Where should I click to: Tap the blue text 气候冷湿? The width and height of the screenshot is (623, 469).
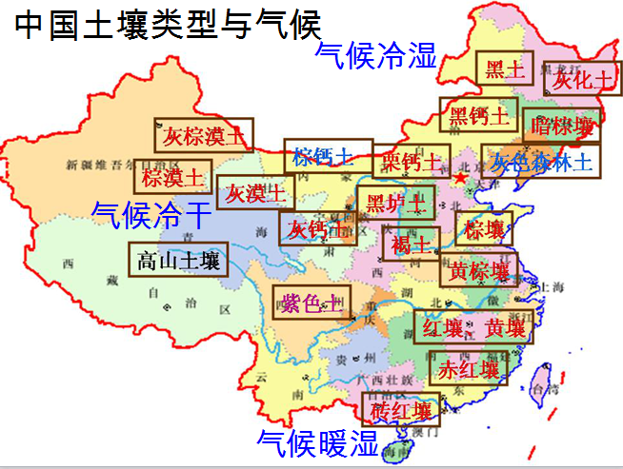pyautogui.click(x=376, y=55)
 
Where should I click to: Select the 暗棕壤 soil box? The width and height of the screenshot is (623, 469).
pyautogui.click(x=563, y=125)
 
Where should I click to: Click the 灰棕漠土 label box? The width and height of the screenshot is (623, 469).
pyautogui.click(x=203, y=135)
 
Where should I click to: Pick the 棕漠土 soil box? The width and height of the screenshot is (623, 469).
pyautogui.click(x=172, y=177)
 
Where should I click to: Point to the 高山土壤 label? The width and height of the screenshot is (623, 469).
pyautogui.click(x=178, y=260)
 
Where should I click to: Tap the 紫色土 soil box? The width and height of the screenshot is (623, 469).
pyautogui.click(x=311, y=303)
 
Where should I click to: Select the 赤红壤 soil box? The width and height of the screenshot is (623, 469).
pyautogui.click(x=469, y=370)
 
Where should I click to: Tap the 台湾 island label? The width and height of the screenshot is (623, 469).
pyautogui.click(x=546, y=389)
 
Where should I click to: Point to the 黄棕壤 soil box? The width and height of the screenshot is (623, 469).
pyautogui.click(x=480, y=268)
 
